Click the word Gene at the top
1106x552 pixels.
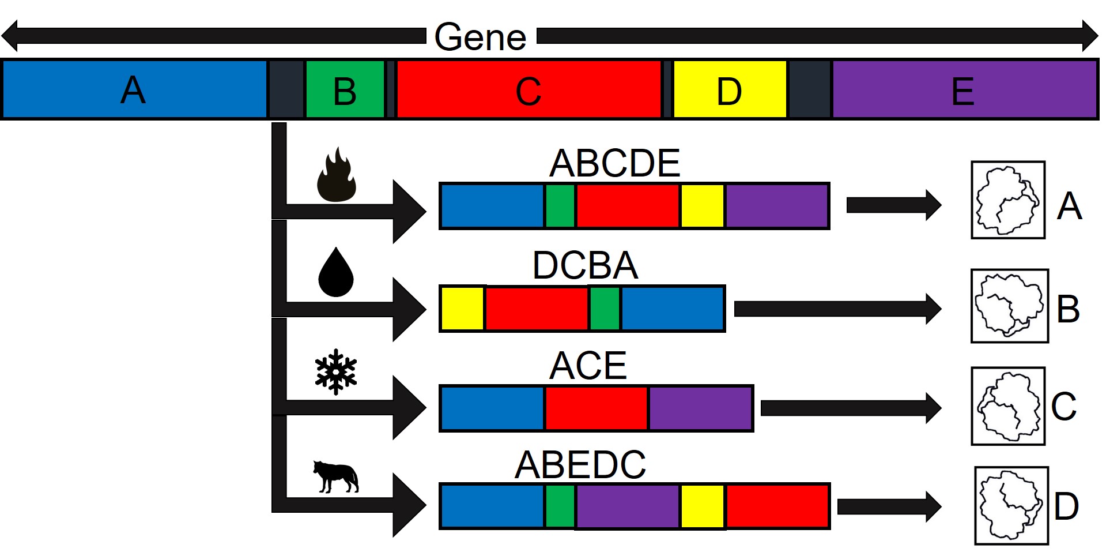point(480,37)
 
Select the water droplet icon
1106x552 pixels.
point(336,272)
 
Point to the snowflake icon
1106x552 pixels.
point(336,372)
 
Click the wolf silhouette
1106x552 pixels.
point(336,476)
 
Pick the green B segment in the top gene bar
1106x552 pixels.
point(345,90)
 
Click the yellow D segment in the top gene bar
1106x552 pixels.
point(729,90)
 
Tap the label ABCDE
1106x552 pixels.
point(614,163)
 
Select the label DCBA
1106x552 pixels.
point(585,265)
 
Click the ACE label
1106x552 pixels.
point(588,365)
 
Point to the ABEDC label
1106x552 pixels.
point(580,465)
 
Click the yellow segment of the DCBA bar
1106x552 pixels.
point(462,309)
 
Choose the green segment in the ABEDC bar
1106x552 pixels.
point(560,506)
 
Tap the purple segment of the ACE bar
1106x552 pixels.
point(700,408)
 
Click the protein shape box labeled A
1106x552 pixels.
point(1008,200)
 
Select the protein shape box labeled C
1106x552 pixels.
point(1008,406)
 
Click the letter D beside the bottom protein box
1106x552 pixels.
point(1066,506)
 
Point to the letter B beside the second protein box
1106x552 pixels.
point(1068,309)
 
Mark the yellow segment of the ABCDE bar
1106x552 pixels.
point(702,206)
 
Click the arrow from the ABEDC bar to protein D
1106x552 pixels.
point(888,506)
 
